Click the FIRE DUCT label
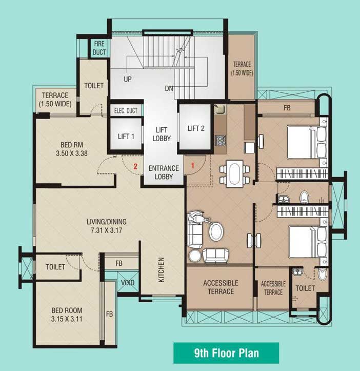coord(99,48)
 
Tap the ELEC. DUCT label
coord(126,110)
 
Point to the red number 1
coord(192,165)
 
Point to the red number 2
coord(135,166)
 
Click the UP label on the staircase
coord(128,79)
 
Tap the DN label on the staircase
coord(169,88)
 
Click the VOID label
coord(128,283)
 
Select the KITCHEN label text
coord(161,270)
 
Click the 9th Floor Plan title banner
coord(226,353)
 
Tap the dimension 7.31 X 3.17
coord(107,230)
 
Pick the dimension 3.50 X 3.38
coord(72,153)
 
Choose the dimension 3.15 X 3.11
coord(67,319)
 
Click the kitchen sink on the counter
coord(219,109)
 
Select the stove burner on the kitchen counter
coord(220,140)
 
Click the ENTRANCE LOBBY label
coord(164,172)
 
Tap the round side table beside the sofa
coord(195,256)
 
